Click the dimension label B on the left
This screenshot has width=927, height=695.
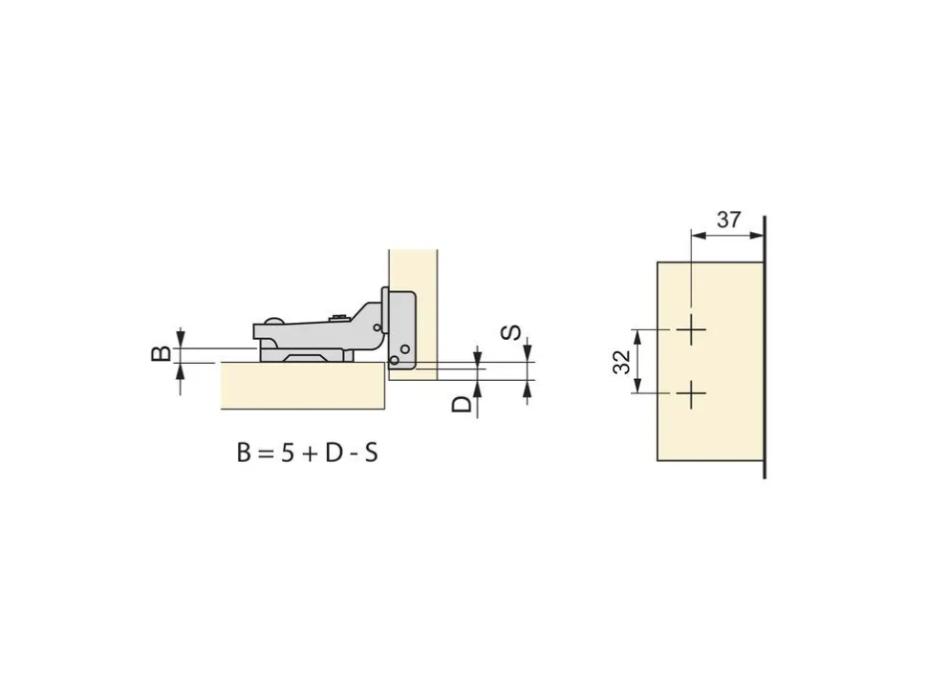[162, 353]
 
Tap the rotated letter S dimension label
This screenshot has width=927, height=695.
[510, 332]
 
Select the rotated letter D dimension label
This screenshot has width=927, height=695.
[462, 404]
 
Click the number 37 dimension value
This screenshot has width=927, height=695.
[728, 220]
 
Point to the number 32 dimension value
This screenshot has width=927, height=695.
[622, 362]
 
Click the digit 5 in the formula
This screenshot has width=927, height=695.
[288, 453]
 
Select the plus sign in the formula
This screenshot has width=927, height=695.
[310, 454]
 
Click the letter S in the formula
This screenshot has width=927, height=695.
[371, 453]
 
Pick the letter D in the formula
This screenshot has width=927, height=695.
[333, 453]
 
